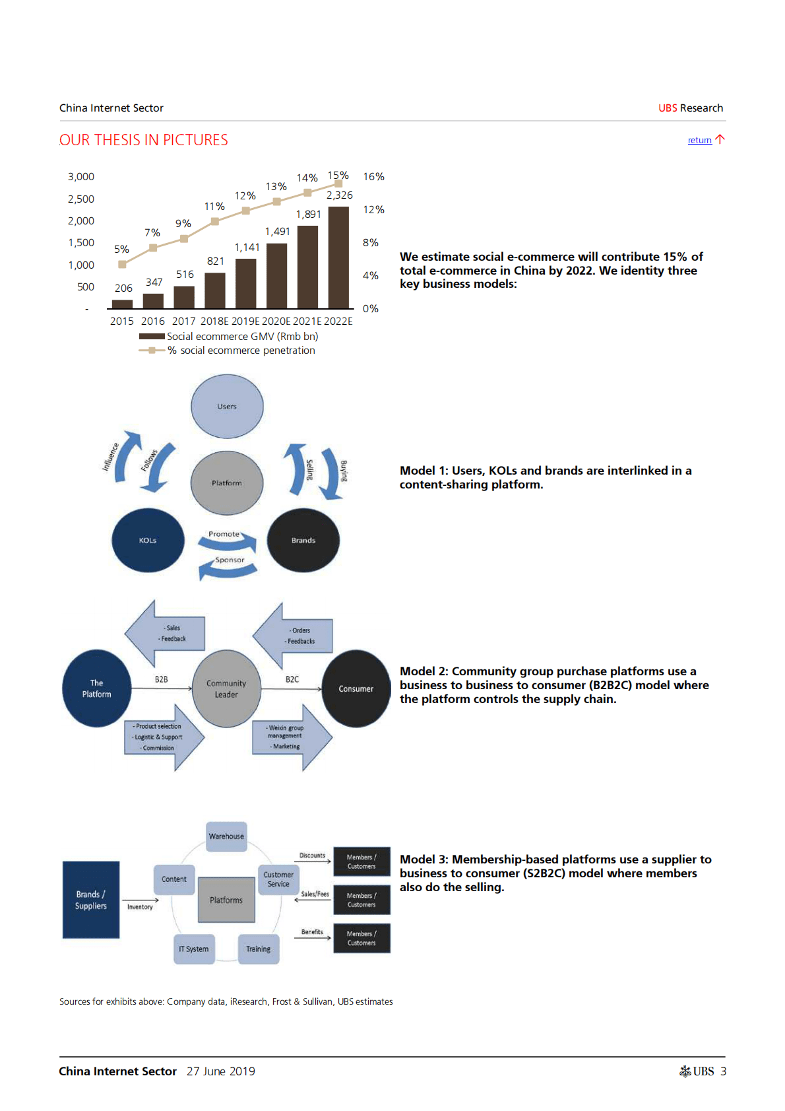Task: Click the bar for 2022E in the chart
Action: (x=338, y=257)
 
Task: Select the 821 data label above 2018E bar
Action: (x=216, y=261)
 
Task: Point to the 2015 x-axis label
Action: (x=122, y=321)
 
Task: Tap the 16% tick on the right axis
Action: (x=373, y=177)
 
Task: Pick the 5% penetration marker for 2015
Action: (x=122, y=264)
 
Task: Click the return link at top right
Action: (x=699, y=141)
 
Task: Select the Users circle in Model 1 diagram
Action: (x=227, y=407)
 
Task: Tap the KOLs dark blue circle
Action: (x=148, y=540)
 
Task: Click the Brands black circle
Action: (x=303, y=540)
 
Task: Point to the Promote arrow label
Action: (x=224, y=534)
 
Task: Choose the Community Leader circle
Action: (x=226, y=689)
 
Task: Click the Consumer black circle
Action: (x=356, y=689)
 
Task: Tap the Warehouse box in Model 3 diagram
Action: (x=226, y=836)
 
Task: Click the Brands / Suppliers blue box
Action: (x=91, y=900)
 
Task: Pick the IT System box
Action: (x=194, y=949)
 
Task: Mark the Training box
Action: (x=259, y=949)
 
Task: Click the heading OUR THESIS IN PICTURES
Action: (x=144, y=141)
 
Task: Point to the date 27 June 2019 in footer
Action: (x=221, y=1071)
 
